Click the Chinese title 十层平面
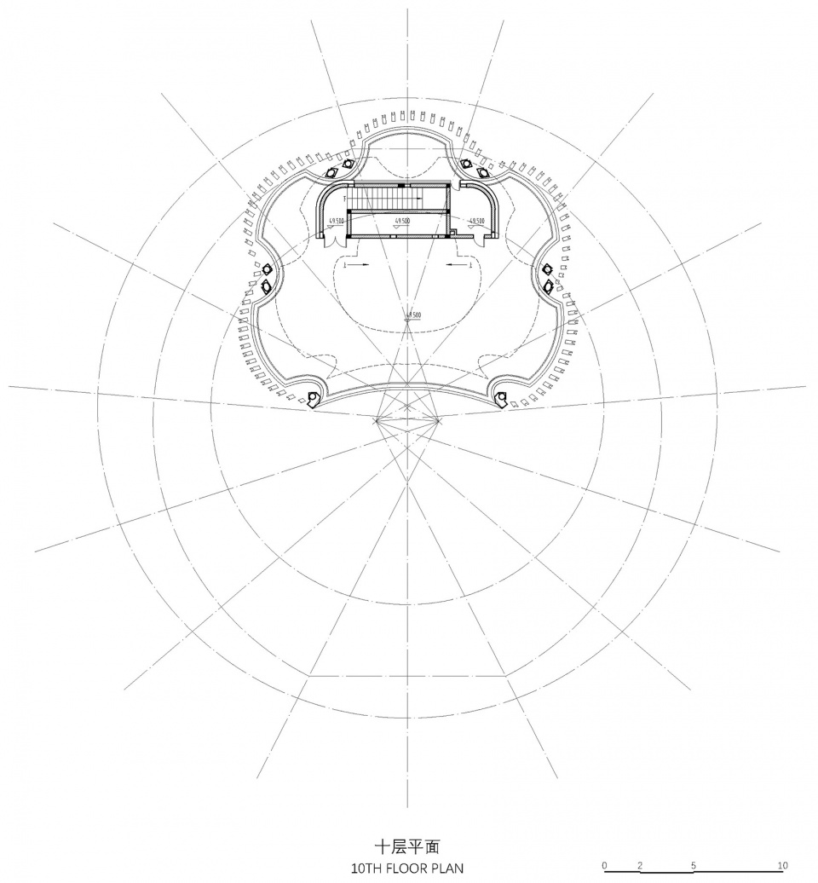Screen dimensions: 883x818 pos(409,848)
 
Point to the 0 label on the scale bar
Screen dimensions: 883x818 pos(604,865)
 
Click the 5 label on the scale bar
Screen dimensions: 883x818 pos(694,865)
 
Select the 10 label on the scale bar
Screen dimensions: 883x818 pos(782,865)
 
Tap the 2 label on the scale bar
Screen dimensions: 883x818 pos(640,865)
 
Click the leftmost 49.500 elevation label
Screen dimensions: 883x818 pos(335,221)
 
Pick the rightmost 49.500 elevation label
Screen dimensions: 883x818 pos(475,221)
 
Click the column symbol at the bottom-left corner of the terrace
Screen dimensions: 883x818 pos(314,397)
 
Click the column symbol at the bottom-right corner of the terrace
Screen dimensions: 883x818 pos(501,396)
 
